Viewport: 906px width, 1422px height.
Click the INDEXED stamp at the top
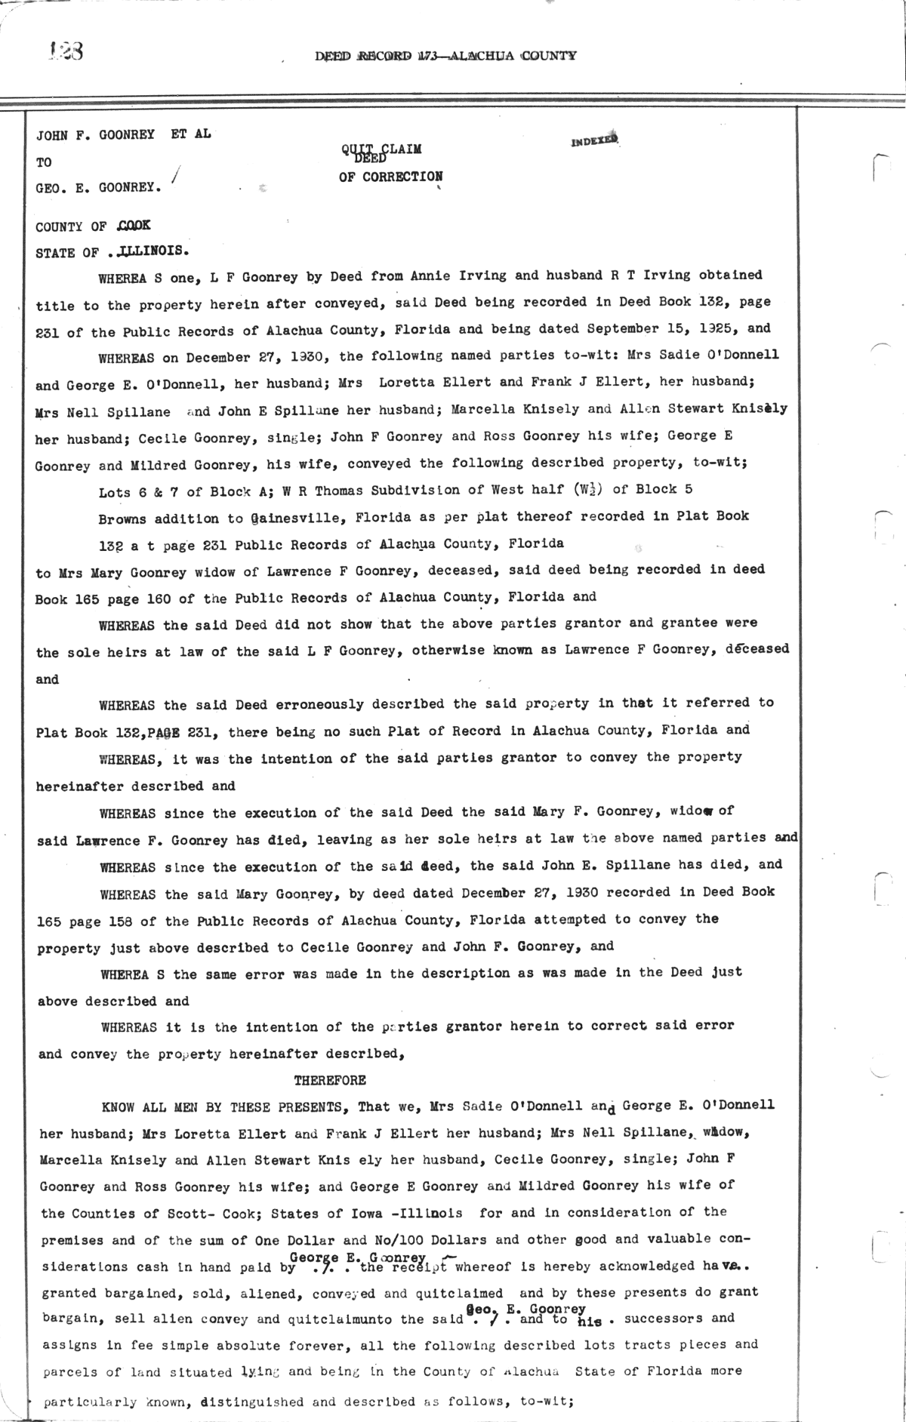pyautogui.click(x=595, y=140)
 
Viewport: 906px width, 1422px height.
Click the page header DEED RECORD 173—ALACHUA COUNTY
pyautogui.click(x=445, y=55)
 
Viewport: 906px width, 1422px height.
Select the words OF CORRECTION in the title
pyautogui.click(x=390, y=177)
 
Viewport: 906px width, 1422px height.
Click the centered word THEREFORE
pyautogui.click(x=330, y=1080)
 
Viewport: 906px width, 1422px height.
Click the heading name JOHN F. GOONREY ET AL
pyautogui.click(x=124, y=134)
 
